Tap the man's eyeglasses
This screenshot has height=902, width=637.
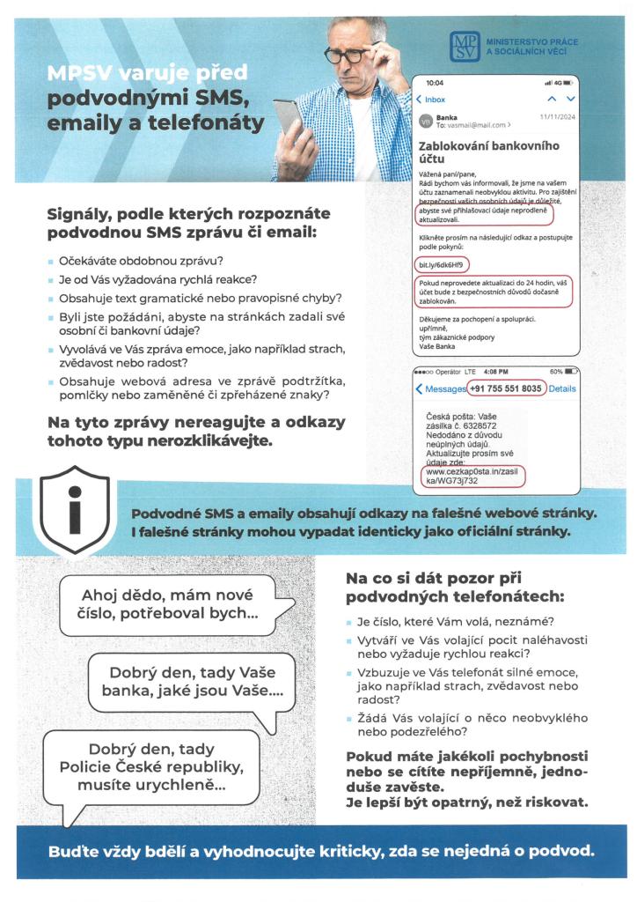348,54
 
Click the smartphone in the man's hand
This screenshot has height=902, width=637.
287,118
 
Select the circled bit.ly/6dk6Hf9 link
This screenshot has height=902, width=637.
441,264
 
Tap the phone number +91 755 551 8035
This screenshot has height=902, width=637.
505,388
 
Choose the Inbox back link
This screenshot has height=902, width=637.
432,100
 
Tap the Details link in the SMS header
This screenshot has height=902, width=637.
562,388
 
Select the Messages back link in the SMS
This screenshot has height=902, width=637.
443,388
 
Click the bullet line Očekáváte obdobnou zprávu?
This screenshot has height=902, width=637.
141,262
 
